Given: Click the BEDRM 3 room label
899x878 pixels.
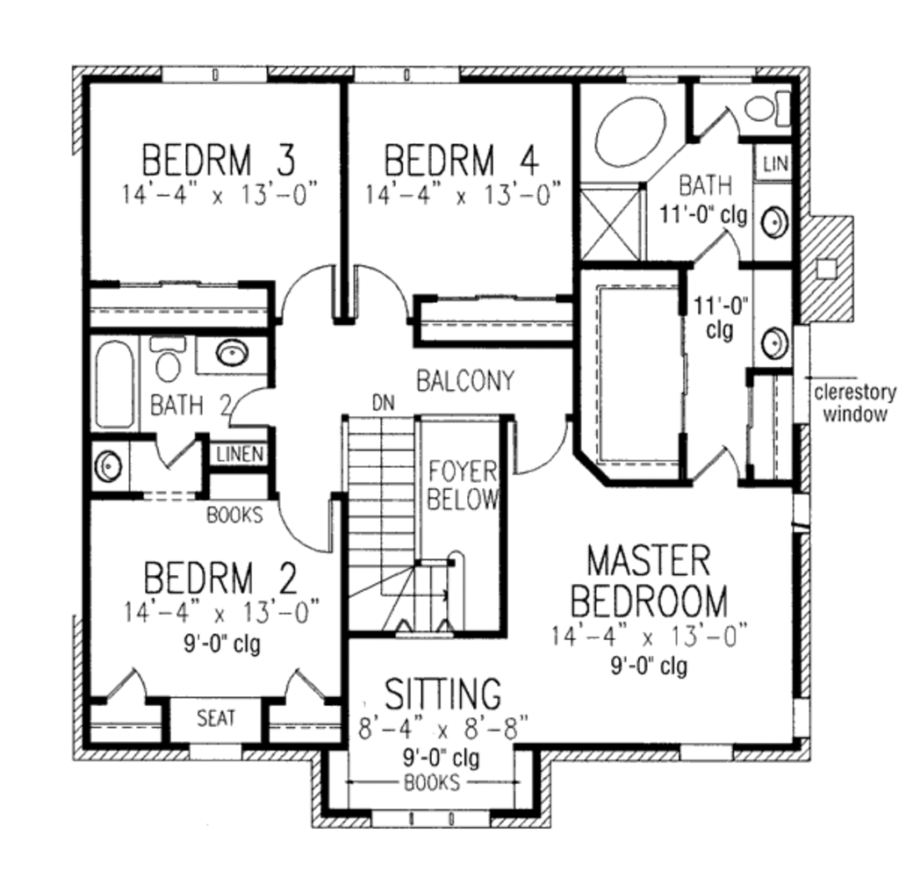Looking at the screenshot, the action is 219,160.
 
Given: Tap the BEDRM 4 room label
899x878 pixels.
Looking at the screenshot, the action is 462,160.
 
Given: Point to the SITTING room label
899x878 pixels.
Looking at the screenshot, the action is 442,694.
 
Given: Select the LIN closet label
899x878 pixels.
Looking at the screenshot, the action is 776,164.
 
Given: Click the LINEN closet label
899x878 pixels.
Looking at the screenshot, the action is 241,454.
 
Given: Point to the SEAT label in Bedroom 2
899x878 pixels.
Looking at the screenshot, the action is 216,718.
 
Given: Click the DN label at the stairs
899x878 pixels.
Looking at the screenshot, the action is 384,403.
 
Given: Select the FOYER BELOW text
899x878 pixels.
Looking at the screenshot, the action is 462,486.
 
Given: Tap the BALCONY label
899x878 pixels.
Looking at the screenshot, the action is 465,381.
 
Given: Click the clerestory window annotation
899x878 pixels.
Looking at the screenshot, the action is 855,403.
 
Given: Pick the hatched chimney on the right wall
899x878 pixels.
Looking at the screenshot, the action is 826,269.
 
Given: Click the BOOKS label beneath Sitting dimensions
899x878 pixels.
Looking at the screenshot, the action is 432,782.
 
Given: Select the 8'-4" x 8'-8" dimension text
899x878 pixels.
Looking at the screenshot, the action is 442,729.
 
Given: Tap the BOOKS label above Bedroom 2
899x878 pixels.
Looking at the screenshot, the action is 234,515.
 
